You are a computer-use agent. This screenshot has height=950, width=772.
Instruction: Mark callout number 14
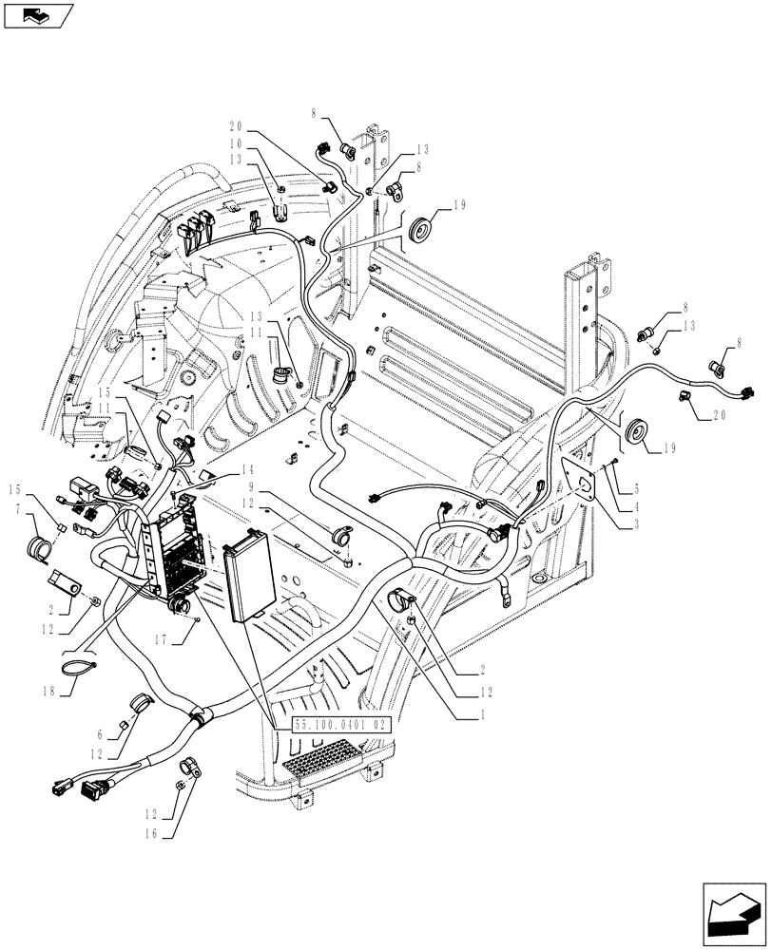[x=248, y=469]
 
